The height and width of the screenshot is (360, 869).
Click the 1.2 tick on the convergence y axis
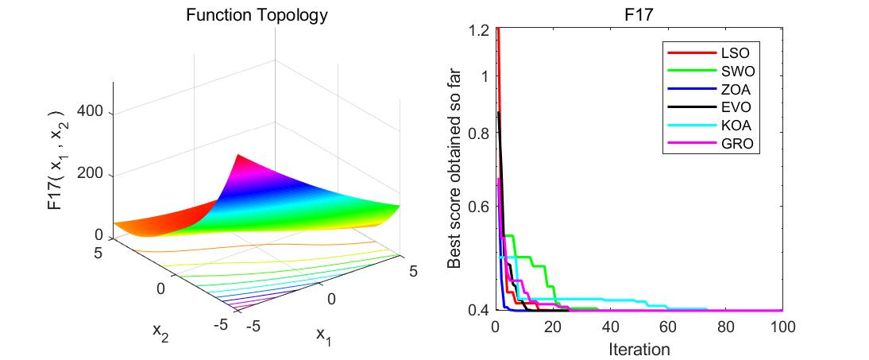(x=479, y=31)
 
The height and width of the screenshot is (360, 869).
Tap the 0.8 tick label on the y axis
(x=479, y=134)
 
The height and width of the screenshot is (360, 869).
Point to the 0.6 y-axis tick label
(x=479, y=207)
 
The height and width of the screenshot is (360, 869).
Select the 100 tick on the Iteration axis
(x=782, y=326)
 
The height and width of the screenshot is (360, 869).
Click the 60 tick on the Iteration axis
(x=668, y=326)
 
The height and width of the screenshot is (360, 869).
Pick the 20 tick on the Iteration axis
(x=554, y=326)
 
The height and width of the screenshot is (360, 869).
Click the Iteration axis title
(x=639, y=348)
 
